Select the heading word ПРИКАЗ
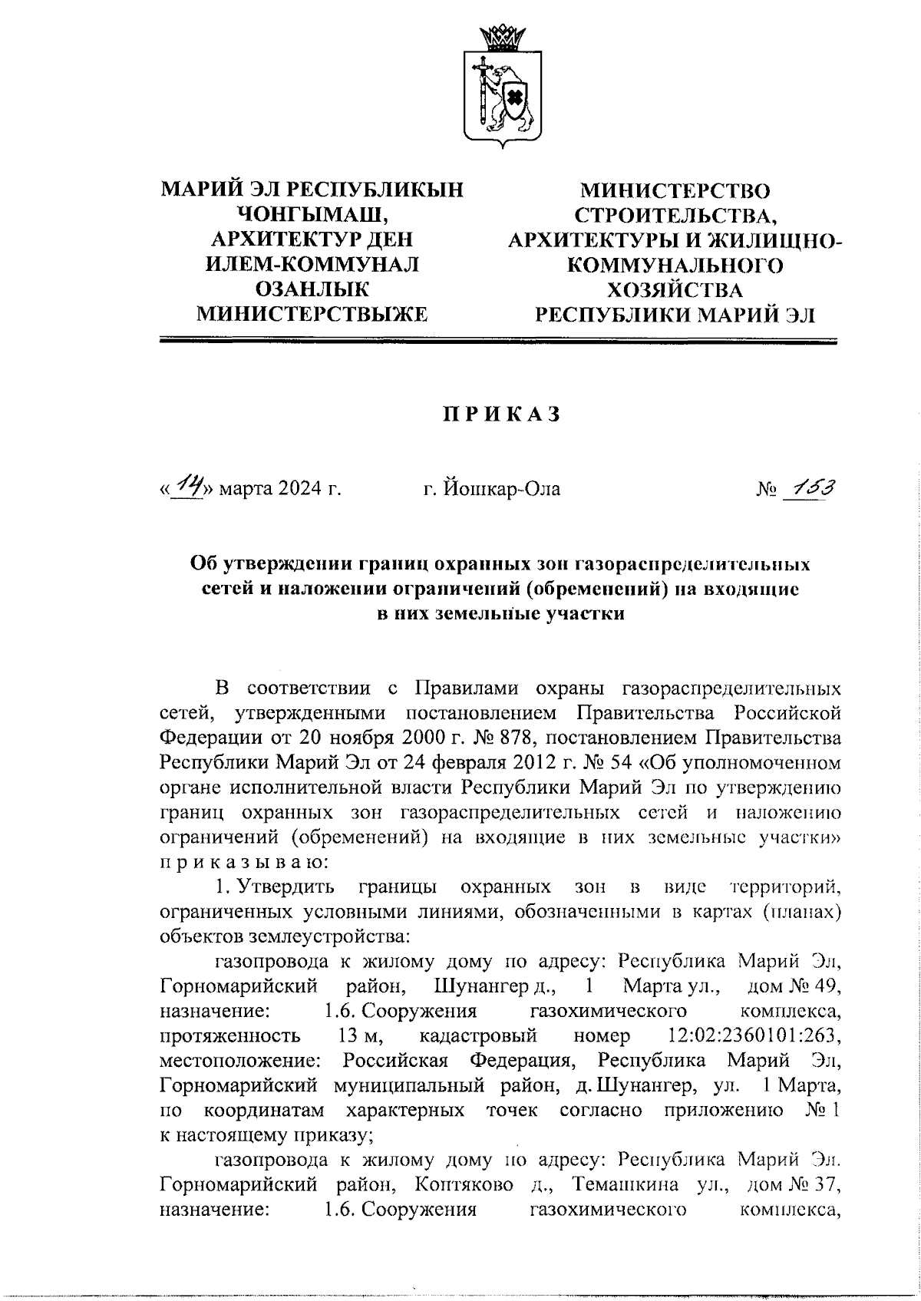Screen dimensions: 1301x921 [x=500, y=414]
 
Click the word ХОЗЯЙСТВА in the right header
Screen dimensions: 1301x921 [x=675, y=290]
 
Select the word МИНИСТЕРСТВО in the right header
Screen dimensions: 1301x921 [x=675, y=190]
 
